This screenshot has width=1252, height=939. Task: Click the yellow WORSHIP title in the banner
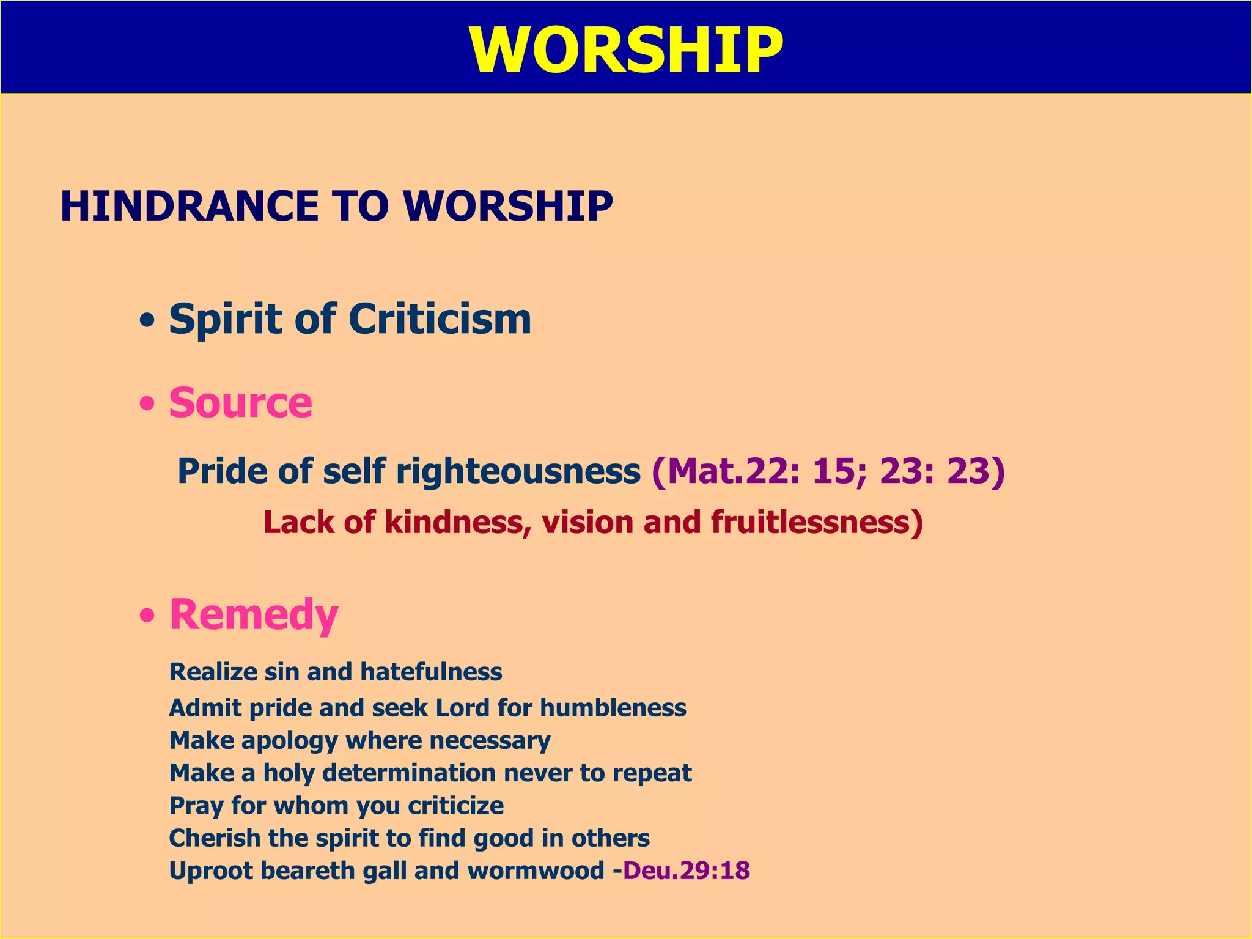[626, 50]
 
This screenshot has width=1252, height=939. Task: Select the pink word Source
[240, 403]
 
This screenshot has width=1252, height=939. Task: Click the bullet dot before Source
[147, 405]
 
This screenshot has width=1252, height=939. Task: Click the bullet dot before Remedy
[147, 616]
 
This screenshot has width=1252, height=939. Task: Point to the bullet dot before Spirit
[147, 320]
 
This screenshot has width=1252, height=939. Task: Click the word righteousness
[518, 471]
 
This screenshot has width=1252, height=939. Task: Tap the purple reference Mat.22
[727, 471]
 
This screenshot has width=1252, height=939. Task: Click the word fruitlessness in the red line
[816, 523]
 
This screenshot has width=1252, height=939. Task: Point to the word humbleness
[613, 708]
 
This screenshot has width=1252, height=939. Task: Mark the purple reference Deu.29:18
[686, 871]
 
